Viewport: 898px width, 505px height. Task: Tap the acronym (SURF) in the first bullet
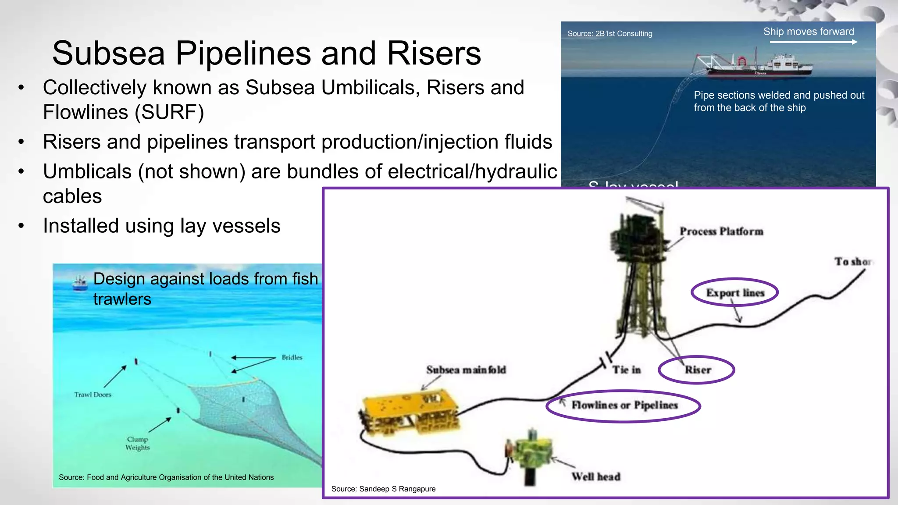click(x=169, y=112)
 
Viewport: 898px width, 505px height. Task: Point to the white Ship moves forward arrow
click(x=813, y=42)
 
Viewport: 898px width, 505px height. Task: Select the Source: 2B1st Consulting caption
click(x=609, y=34)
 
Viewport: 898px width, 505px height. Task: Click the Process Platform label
click(x=721, y=231)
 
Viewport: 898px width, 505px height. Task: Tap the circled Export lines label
click(x=735, y=292)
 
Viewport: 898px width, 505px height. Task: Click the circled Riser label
click(x=698, y=370)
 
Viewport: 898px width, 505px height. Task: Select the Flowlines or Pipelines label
click(x=624, y=405)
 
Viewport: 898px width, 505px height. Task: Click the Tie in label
click(x=627, y=370)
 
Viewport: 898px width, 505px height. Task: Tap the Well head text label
click(x=595, y=477)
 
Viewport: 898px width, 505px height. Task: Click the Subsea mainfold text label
click(x=466, y=370)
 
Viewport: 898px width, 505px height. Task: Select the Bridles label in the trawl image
click(x=292, y=357)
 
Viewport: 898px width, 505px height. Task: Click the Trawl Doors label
click(x=93, y=395)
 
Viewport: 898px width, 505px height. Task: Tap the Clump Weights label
click(x=138, y=443)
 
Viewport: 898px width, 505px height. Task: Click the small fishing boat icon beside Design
click(x=80, y=283)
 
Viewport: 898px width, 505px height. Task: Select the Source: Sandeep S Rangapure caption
click(x=383, y=489)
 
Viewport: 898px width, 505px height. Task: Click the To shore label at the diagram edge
click(x=853, y=262)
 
